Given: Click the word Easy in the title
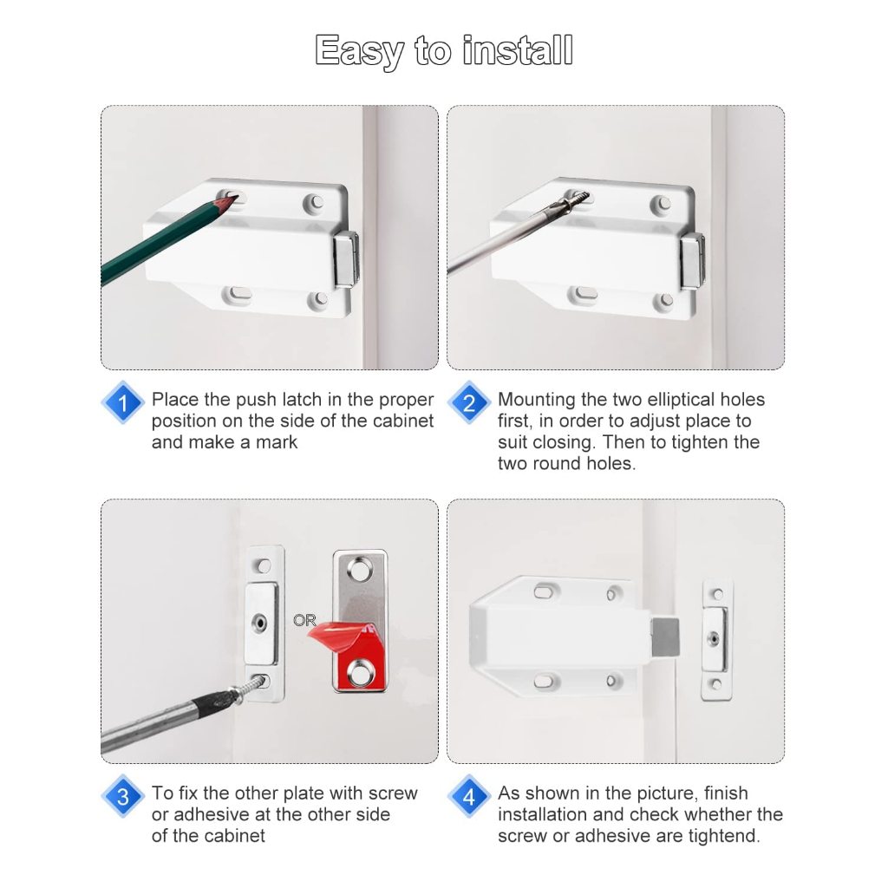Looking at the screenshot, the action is pyautogui.click(x=359, y=51).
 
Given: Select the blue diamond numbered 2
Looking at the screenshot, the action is pyautogui.click(x=469, y=402).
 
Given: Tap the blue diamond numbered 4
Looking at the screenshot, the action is pyautogui.click(x=469, y=797).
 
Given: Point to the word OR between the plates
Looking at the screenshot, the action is pyautogui.click(x=304, y=621).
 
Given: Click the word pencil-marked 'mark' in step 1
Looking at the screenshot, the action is pyautogui.click(x=277, y=441).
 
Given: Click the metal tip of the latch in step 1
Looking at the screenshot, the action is pyautogui.click(x=347, y=258).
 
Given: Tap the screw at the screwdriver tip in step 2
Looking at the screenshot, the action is pyautogui.click(x=573, y=200).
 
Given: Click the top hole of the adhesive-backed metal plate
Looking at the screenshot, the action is pyautogui.click(x=360, y=569).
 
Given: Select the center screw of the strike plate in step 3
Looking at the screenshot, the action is pyautogui.click(x=260, y=623).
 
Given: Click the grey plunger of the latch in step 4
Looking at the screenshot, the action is pyautogui.click(x=665, y=637).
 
